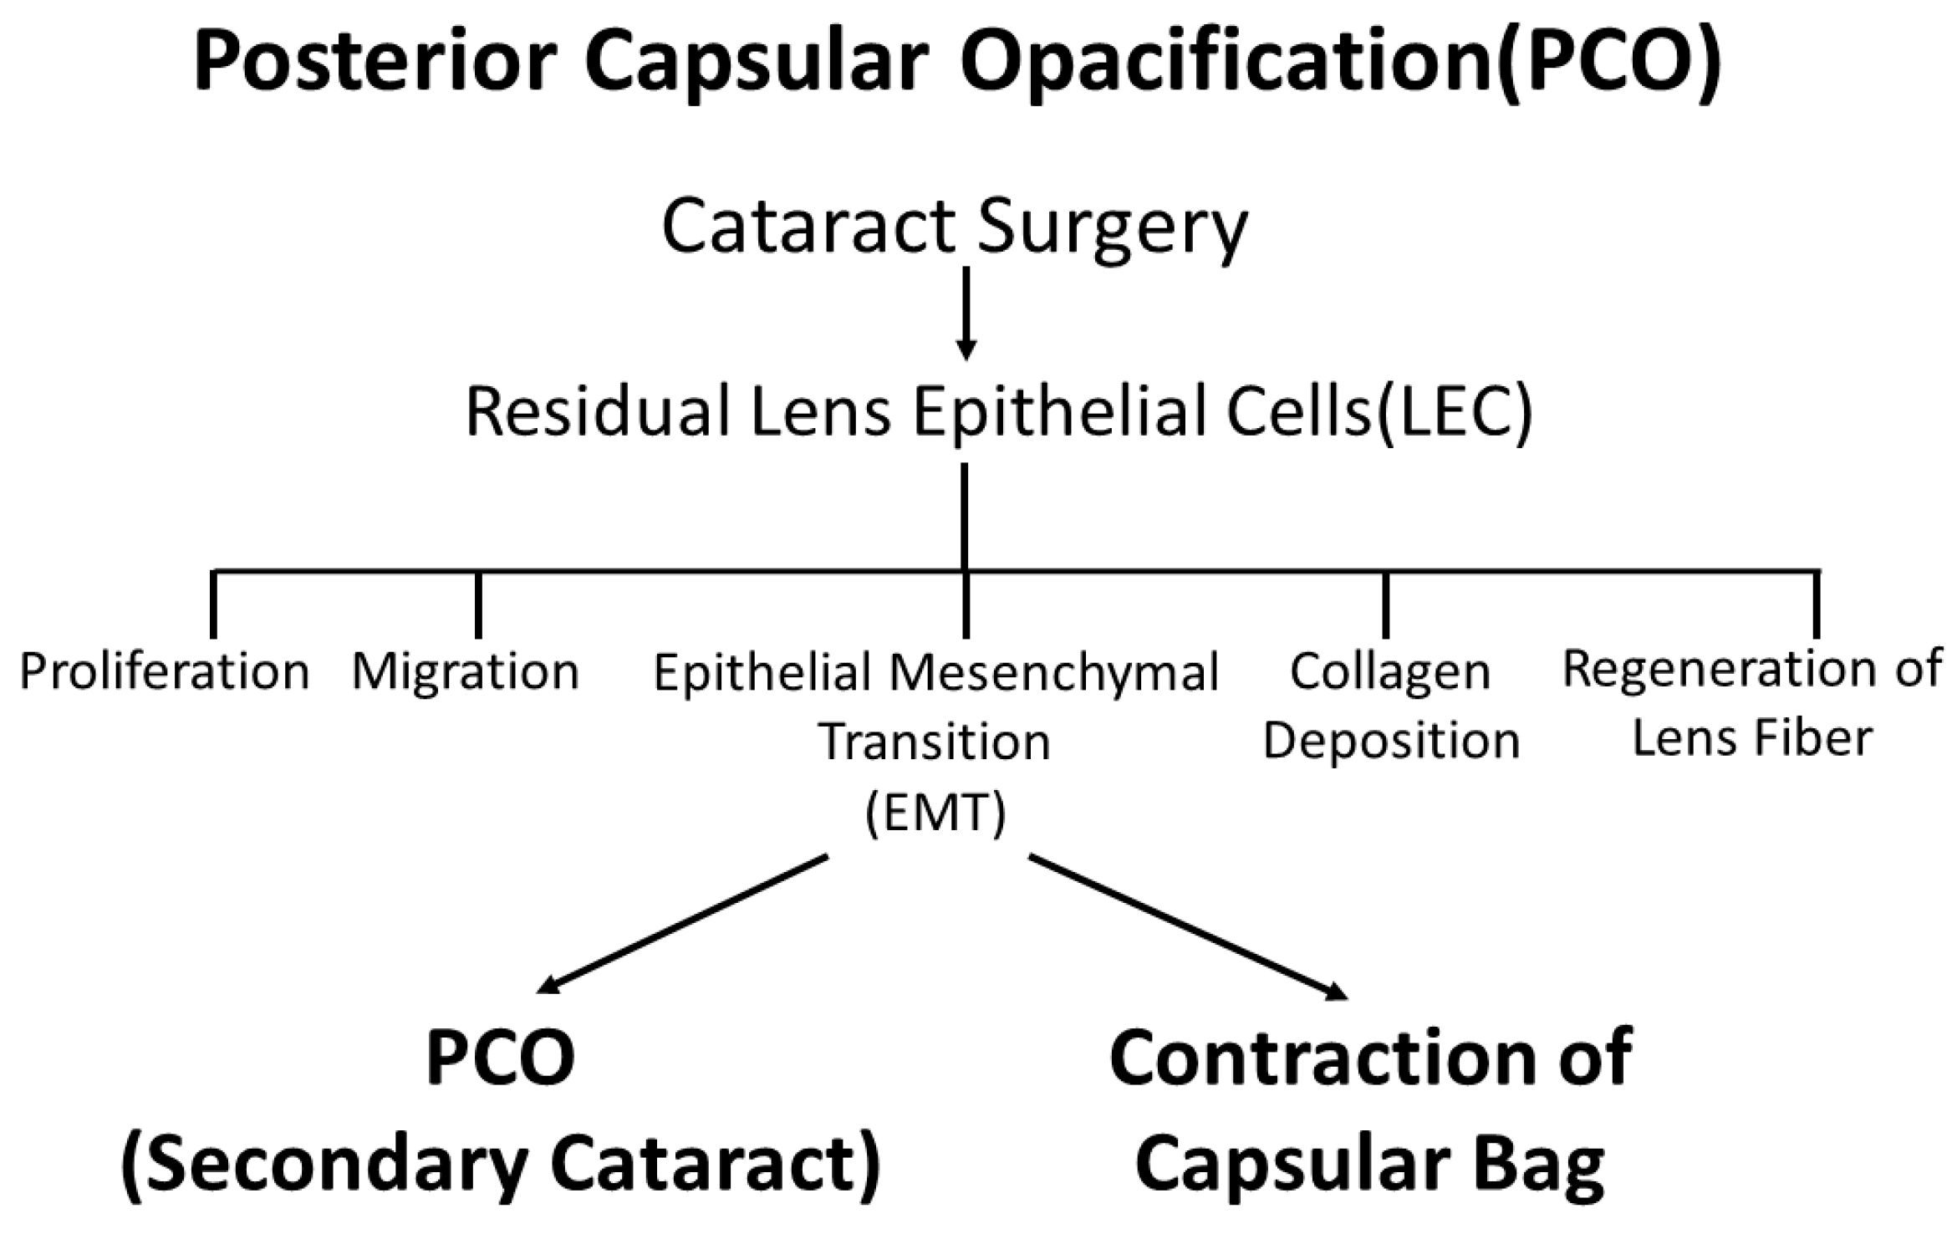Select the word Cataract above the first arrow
coord(808,227)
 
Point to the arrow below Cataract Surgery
coord(966,313)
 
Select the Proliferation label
coord(165,671)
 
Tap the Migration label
coord(466,671)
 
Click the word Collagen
coord(1390,671)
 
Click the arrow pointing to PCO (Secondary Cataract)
coord(681,924)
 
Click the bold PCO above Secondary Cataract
coord(501,1058)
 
